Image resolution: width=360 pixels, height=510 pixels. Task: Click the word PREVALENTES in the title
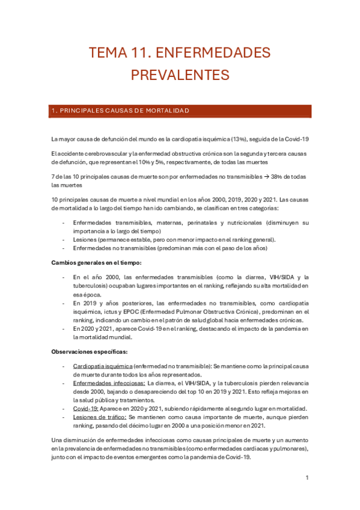pyautogui.click(x=180, y=75)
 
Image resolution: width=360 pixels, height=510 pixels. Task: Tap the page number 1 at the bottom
pyautogui.click(x=307, y=478)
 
